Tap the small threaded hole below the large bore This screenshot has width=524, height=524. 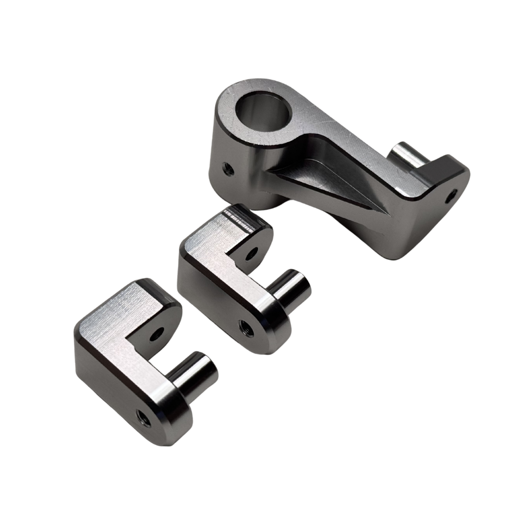point(227,169)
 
